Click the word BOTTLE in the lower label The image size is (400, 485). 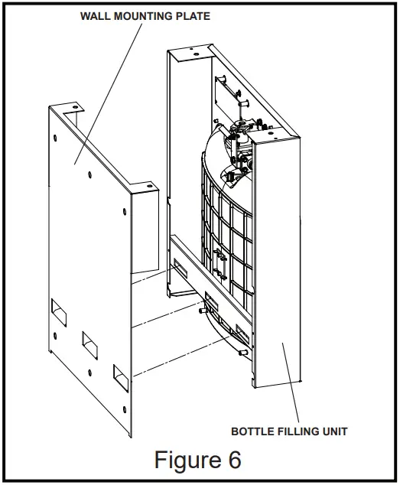coord(252,431)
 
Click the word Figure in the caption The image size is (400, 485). coord(180,460)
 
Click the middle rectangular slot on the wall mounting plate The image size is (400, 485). coord(89,345)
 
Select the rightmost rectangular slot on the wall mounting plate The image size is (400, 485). coord(122,377)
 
